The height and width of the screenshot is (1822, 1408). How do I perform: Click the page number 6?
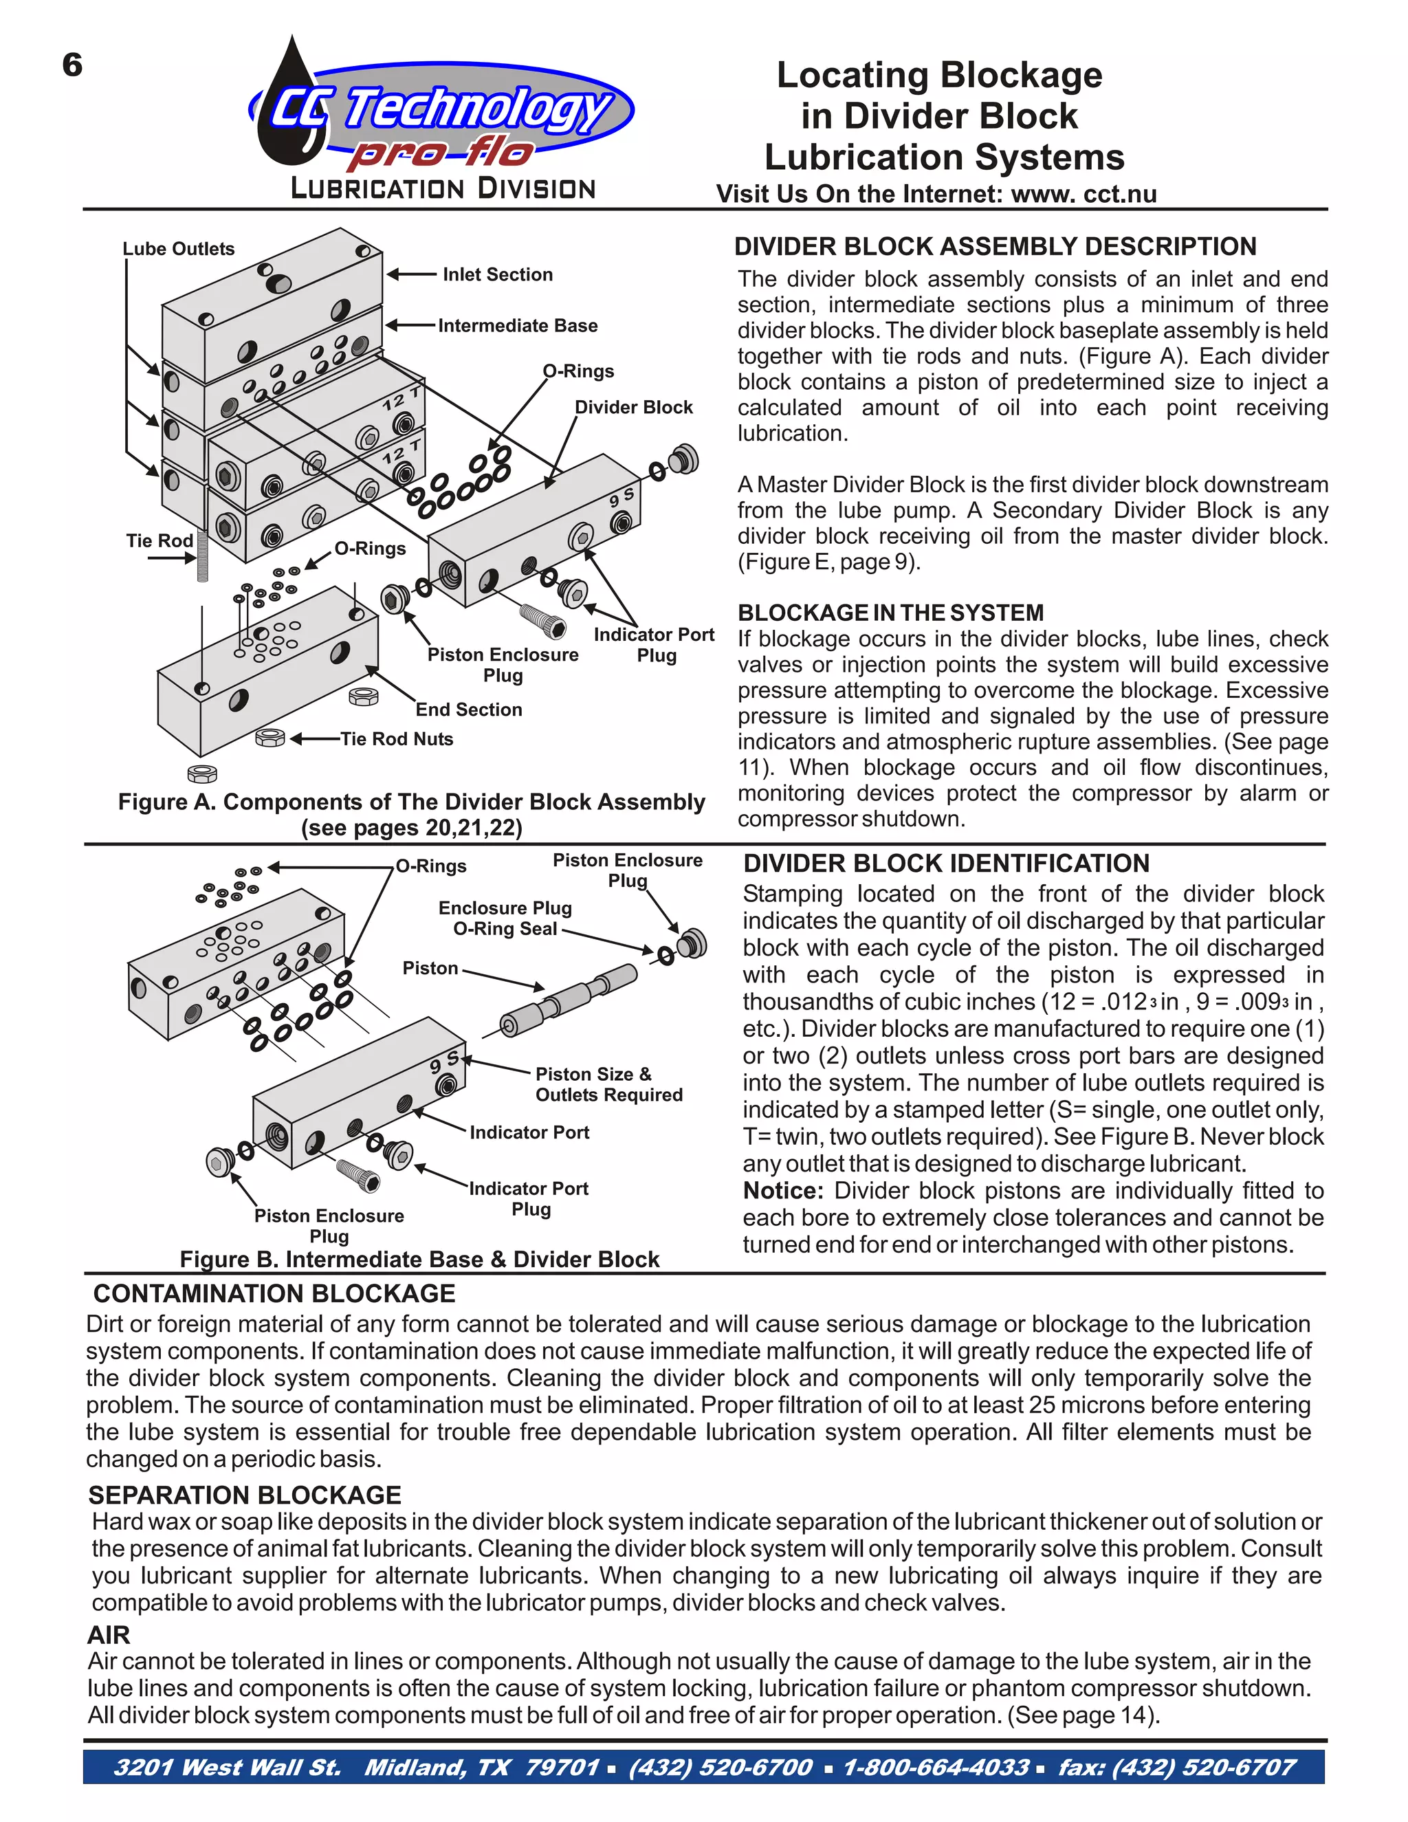(x=73, y=65)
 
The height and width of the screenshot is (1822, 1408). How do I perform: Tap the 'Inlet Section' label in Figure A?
(x=497, y=274)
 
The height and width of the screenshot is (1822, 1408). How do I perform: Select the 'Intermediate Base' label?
(x=517, y=325)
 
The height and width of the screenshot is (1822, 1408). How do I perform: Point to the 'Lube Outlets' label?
(x=179, y=249)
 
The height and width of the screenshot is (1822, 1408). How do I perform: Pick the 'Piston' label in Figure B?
(x=430, y=968)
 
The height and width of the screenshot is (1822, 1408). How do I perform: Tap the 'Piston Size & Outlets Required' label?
(x=608, y=1084)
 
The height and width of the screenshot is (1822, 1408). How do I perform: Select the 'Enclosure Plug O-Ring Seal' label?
(x=505, y=918)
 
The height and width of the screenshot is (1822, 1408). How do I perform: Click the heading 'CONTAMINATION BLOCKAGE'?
(x=274, y=1293)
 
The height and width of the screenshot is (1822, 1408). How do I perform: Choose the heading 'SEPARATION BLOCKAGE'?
(x=245, y=1494)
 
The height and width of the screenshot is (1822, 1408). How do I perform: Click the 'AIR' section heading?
(x=109, y=1634)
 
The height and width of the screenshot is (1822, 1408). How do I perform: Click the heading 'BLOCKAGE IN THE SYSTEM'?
(x=890, y=613)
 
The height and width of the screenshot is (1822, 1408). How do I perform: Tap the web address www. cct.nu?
(x=1083, y=194)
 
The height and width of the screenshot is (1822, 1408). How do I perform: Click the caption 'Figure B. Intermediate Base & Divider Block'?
(x=419, y=1259)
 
